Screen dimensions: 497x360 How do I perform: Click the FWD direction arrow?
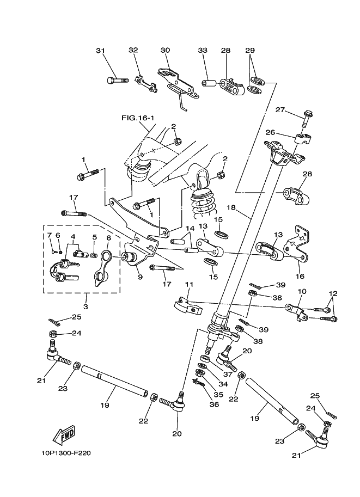(64, 435)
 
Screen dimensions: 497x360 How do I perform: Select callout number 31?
(100, 51)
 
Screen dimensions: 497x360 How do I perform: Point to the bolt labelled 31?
(117, 81)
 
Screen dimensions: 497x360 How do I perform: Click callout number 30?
(165, 51)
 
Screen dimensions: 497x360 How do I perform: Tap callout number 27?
(280, 110)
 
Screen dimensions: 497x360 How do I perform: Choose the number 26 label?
(286, 132)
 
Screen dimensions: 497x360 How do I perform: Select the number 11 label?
(189, 284)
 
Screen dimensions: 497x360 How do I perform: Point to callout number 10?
(302, 292)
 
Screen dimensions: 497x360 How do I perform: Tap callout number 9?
(140, 277)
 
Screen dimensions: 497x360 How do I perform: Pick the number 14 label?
(190, 229)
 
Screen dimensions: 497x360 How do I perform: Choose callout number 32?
(133, 51)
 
